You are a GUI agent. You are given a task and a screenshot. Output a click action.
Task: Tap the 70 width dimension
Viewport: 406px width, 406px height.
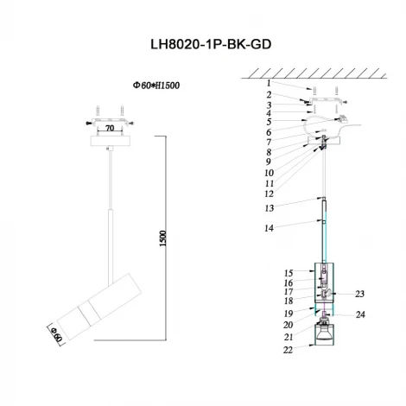109,127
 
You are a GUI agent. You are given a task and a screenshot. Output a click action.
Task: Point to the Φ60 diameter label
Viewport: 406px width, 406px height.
56,330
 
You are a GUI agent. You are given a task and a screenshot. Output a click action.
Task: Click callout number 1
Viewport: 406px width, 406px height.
269,84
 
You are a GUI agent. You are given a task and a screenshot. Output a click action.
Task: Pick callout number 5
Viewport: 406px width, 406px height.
269,122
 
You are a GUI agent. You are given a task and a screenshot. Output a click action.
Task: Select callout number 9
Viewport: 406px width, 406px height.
269,162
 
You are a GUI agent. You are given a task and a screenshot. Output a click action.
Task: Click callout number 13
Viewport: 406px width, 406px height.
269,208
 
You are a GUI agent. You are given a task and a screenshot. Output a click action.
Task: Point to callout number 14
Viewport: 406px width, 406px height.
269,228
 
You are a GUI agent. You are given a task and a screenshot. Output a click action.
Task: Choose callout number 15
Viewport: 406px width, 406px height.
289,272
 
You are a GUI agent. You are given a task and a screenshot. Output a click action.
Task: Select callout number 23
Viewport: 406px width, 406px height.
360,294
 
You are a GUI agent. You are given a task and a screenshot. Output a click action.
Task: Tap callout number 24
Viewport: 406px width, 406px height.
360,314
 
